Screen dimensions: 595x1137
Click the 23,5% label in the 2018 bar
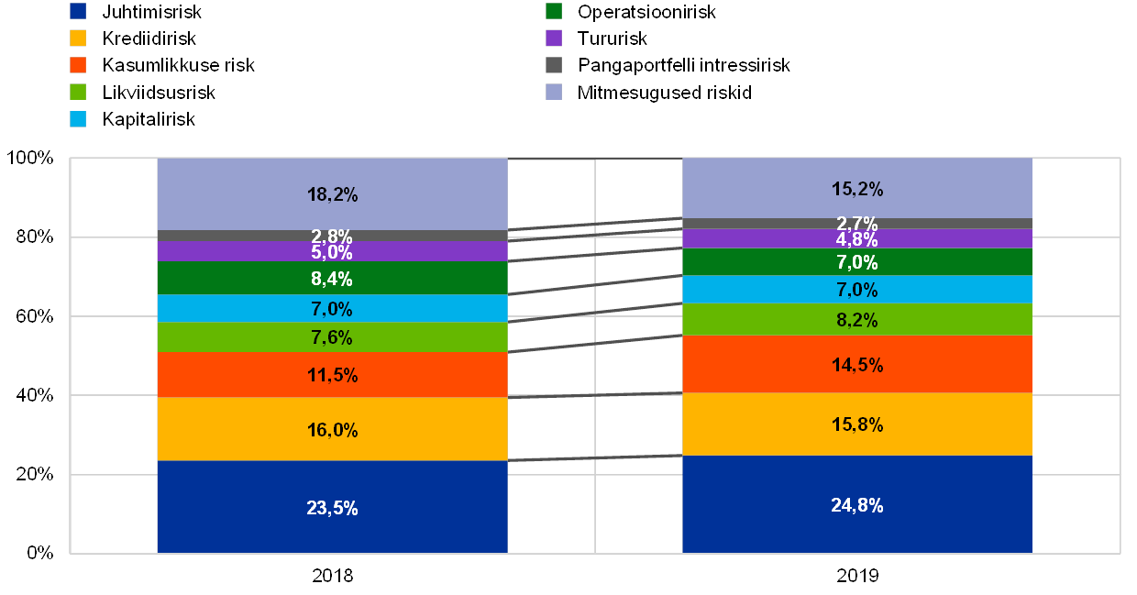coord(332,509)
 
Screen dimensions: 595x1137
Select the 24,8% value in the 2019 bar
coord(857,505)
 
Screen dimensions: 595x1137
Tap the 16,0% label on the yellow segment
coord(332,430)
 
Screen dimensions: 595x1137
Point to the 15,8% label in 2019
coord(857,425)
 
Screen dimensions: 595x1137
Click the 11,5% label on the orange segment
coord(332,375)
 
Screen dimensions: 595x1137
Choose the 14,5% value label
coord(857,365)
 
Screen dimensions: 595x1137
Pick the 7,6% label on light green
coord(332,337)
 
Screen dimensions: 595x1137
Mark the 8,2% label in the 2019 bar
coord(857,320)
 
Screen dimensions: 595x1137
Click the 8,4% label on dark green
coord(332,279)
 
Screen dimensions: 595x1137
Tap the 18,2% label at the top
coord(332,194)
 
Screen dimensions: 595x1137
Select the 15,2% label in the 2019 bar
coord(857,189)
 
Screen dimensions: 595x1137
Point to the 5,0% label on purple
coord(332,252)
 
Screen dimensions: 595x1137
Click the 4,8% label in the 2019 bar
coord(857,240)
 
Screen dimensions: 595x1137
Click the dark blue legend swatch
coord(79,12)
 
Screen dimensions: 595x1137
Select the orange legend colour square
coord(79,65)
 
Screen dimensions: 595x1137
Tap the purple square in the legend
coord(554,39)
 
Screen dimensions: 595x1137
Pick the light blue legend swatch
coord(79,119)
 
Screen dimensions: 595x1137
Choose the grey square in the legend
coord(554,65)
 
